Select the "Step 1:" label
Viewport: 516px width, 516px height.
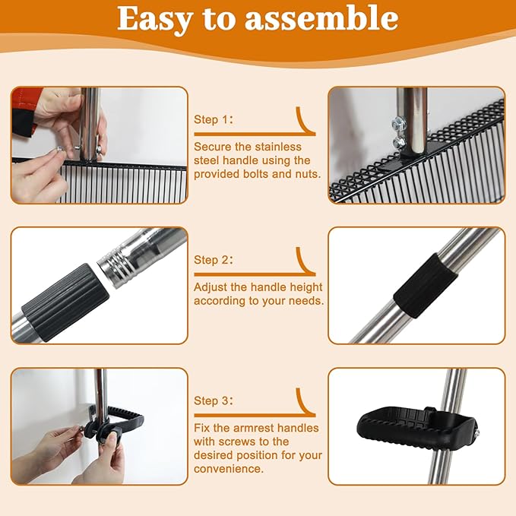coord(214,119)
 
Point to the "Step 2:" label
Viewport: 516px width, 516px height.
coord(214,260)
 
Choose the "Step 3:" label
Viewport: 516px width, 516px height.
coord(214,400)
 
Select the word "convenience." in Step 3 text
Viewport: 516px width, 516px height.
coord(229,469)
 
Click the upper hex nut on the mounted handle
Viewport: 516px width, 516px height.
coord(396,125)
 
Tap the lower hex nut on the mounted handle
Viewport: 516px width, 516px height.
coord(399,142)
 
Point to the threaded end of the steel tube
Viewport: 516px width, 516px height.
coord(117,267)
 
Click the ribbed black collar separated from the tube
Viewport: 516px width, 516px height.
coord(65,302)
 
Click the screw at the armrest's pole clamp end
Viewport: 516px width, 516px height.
coord(476,432)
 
